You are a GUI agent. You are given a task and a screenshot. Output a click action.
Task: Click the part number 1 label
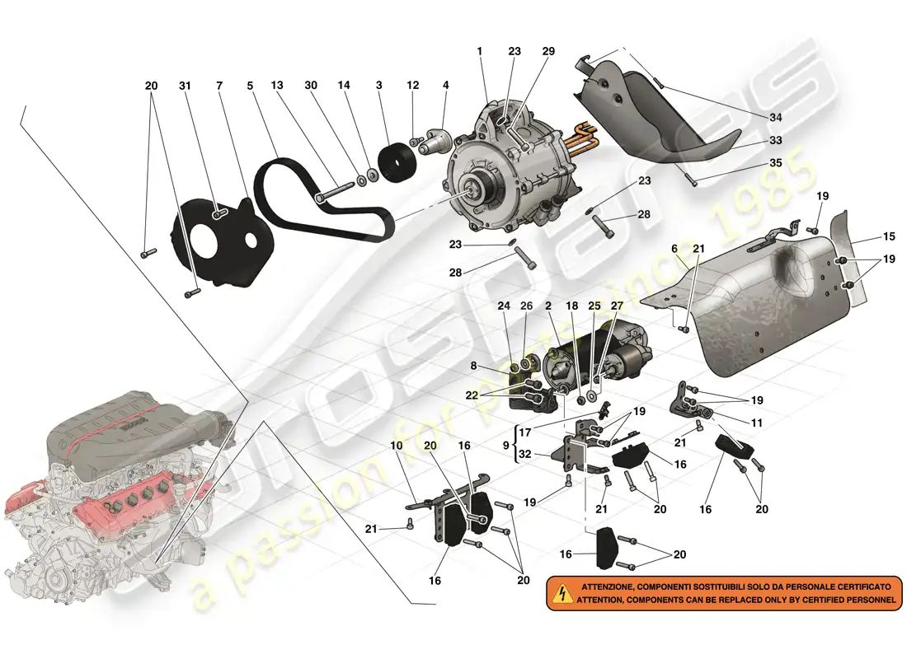(479, 51)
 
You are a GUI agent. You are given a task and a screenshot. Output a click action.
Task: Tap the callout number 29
(548, 51)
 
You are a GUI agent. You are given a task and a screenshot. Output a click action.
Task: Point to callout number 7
(219, 86)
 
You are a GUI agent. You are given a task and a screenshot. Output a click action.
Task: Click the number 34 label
(776, 117)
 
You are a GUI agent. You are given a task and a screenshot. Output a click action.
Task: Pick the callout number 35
(776, 164)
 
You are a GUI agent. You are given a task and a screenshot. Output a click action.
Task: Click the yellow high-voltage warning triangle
(562, 592)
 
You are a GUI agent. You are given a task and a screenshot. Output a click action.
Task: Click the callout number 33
(776, 141)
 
